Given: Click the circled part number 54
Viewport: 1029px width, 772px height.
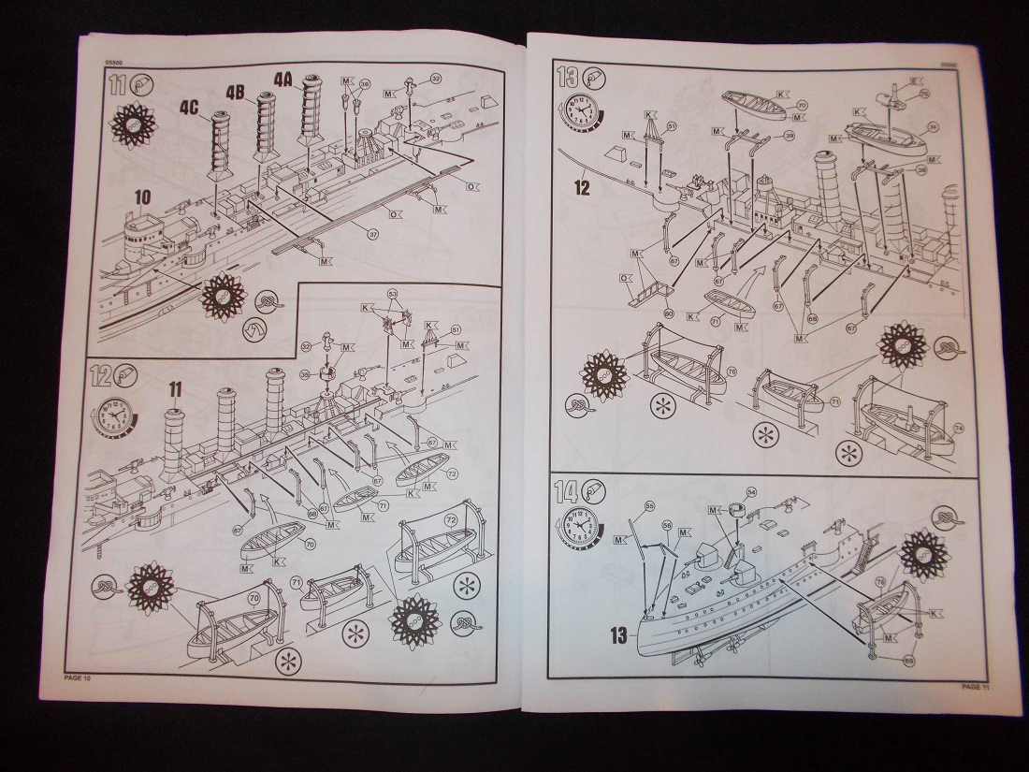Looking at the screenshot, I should tap(751, 493).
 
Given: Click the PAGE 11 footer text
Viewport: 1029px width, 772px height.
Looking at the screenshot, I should tap(977, 687).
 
